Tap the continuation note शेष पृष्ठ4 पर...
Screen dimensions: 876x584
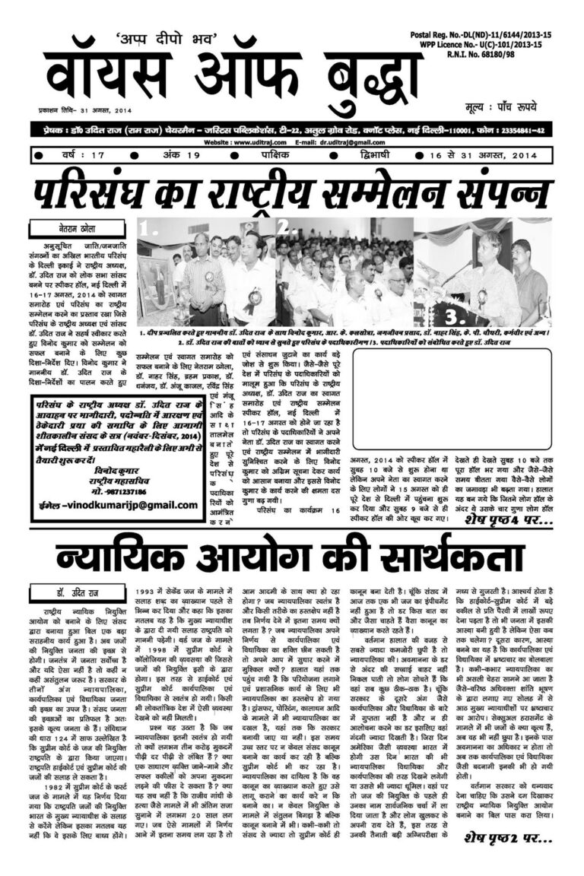point(499,521)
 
